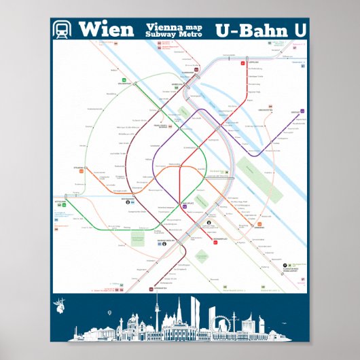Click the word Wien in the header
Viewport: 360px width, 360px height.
coord(105,29)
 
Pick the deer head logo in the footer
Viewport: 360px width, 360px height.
coord(64,305)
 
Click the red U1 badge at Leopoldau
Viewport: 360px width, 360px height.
coord(242,63)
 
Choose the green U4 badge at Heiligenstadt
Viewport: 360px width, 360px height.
coord(125,79)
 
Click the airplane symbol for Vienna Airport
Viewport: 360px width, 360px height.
coord(287,265)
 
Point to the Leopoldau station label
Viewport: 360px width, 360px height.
coord(252,63)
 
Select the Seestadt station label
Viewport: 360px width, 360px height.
coord(295,107)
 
